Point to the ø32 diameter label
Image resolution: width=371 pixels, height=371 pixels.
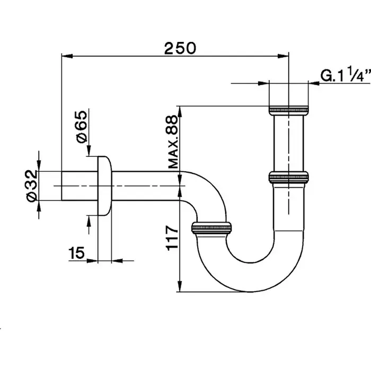(x=31, y=185)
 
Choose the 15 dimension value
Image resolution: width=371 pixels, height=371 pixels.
(x=77, y=254)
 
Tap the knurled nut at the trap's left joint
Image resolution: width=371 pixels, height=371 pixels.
(x=212, y=227)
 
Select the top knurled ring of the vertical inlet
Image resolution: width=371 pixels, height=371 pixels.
(x=289, y=111)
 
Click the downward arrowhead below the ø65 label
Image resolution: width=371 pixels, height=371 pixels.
(x=89, y=153)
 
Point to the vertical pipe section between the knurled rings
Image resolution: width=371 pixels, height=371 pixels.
(x=289, y=143)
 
